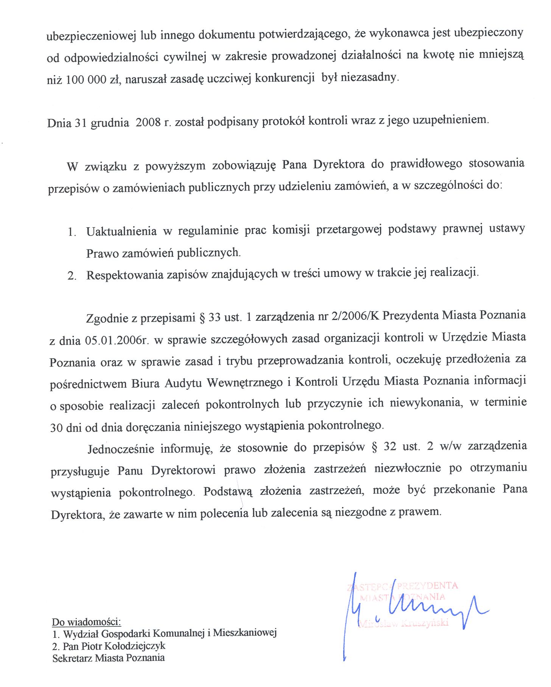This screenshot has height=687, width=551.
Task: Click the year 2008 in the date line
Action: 148,123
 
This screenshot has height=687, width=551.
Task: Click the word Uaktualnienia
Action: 121,231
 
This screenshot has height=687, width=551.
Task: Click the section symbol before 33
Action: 202,317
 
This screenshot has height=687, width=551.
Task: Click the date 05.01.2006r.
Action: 117,340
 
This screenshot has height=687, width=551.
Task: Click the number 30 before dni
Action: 56,428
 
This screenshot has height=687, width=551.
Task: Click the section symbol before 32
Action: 375,447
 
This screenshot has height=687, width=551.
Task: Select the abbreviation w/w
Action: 450,447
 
